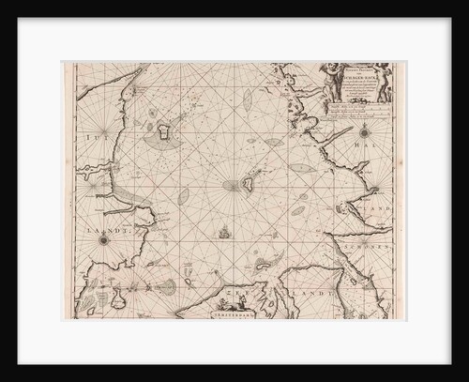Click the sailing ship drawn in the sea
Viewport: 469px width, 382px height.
tap(224, 232)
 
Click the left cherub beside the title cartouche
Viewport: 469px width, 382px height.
tap(317, 79)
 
